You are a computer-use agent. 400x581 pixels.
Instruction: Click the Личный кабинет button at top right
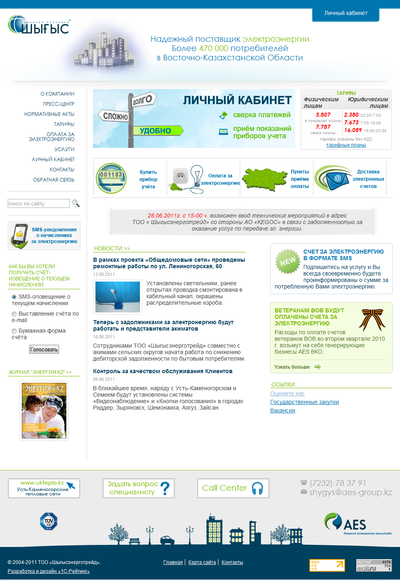coord(346,13)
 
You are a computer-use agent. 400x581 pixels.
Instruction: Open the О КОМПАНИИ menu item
coord(57,94)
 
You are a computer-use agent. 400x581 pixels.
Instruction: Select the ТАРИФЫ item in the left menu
coord(64,124)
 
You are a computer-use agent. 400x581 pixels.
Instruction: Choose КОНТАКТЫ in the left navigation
coord(62,170)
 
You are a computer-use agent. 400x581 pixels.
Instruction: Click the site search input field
coord(39,203)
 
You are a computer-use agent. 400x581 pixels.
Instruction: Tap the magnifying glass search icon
coord(76,203)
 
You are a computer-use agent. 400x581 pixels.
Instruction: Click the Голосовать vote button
coord(44,349)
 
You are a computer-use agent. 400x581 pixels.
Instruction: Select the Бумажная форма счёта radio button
coord(14,331)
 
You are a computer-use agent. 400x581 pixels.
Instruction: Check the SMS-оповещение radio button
coord(14,297)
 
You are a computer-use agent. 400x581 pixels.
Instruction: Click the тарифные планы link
coord(346,145)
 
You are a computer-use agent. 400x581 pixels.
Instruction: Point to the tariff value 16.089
coord(353,130)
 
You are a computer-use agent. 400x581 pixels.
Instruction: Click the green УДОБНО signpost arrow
coord(158,130)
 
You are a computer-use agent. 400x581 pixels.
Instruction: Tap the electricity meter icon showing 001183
coord(111,178)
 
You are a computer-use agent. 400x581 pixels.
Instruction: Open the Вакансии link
coord(283,410)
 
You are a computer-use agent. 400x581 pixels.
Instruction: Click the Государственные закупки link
coord(305,402)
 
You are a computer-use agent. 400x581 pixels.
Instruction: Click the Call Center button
coord(233,488)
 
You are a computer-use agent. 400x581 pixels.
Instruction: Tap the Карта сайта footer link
coord(202,562)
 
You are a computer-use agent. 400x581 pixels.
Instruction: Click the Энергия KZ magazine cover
coord(44,410)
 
